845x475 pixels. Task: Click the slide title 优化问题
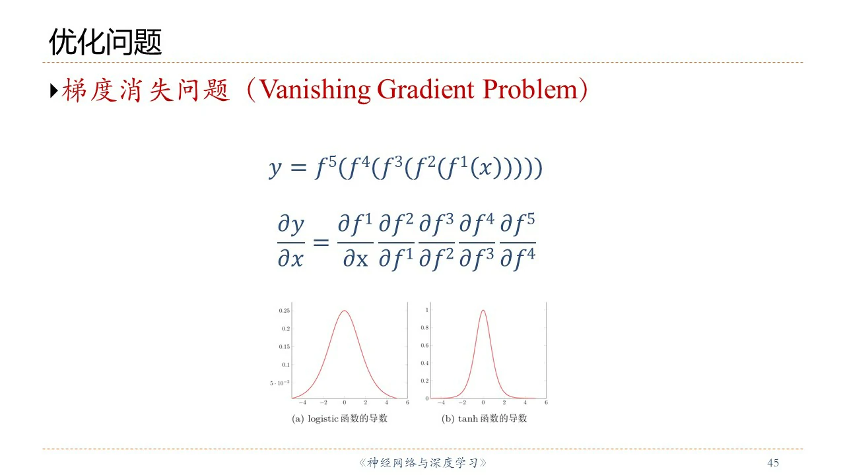pos(105,42)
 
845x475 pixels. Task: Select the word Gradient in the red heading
pos(425,90)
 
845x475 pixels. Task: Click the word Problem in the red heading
pos(530,90)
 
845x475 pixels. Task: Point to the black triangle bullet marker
pos(54,90)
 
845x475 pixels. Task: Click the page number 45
pos(773,462)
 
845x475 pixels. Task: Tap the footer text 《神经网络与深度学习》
pos(422,462)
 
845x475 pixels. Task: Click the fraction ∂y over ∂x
pos(291,241)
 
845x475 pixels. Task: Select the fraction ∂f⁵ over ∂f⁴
pos(518,241)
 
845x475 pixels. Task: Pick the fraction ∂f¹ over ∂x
pos(355,241)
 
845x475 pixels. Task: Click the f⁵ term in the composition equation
pos(325,167)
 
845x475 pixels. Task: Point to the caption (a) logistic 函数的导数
pos(339,418)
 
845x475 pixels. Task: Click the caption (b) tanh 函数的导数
pos(484,418)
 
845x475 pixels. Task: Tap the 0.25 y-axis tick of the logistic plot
pos(285,311)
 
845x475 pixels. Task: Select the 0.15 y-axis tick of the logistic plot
pos(285,347)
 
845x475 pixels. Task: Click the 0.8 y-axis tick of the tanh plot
pos(424,328)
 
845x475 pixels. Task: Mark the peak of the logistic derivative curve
pos(345,311)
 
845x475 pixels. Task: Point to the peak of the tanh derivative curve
pos(483,310)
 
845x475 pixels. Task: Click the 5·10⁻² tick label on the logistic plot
pos(280,383)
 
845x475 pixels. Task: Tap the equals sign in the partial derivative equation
pos(321,242)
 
